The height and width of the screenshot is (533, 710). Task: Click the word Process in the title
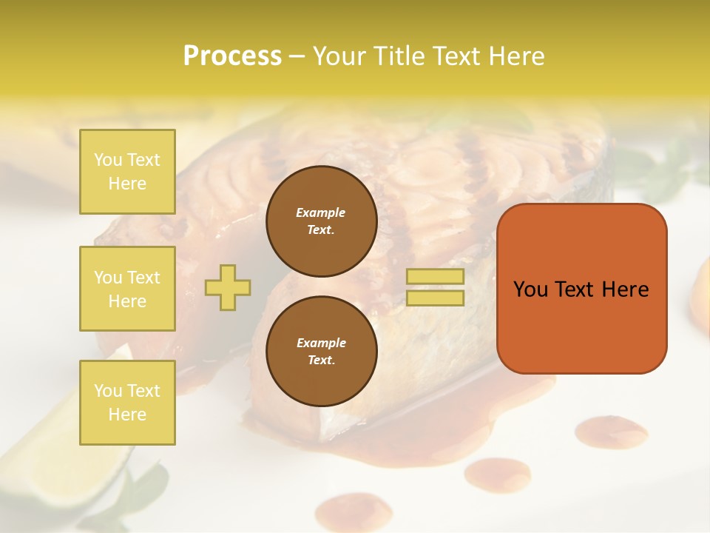coord(232,56)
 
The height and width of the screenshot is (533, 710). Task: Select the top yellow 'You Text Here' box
coord(127,172)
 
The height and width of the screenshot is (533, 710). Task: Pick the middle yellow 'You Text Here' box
coord(127,289)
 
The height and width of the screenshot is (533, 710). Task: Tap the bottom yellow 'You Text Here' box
coord(127,402)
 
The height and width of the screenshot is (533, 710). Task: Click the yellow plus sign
coord(228,287)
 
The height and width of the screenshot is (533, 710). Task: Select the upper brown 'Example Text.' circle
coord(321,221)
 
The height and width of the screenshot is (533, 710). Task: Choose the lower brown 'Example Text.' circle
coord(321,352)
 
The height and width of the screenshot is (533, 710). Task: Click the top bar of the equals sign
coord(435,276)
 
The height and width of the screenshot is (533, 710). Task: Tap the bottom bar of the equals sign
coord(435,298)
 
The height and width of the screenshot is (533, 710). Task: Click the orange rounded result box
coord(581,326)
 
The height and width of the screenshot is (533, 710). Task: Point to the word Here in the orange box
coord(625,289)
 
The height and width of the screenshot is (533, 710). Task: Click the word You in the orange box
coord(530,289)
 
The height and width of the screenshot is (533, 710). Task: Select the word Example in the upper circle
coord(321,212)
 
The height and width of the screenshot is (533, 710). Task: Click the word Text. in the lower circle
coord(321,361)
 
